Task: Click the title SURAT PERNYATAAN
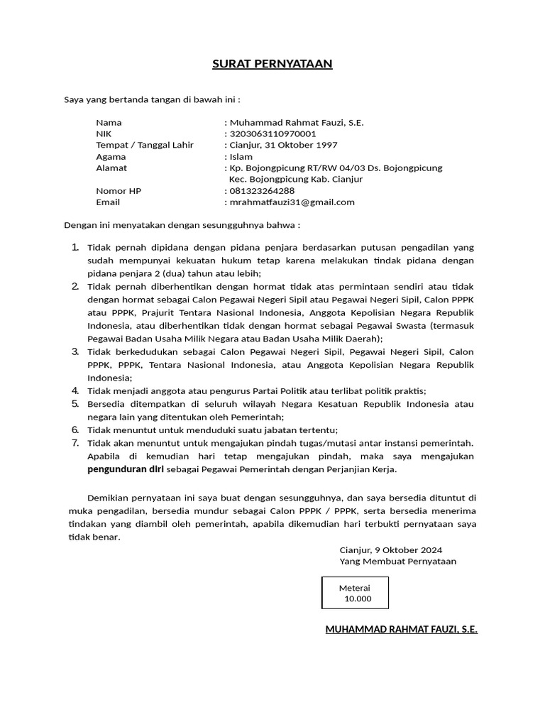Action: coord(272,65)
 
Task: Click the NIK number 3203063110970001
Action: coord(272,133)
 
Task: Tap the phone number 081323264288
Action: coord(262,191)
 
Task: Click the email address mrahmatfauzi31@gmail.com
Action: coord(291,202)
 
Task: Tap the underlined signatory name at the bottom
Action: coord(401,630)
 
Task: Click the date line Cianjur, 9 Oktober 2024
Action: coord(390,550)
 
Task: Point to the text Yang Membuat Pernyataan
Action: coord(397,561)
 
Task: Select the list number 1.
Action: coord(75,247)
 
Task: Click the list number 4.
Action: coord(75,390)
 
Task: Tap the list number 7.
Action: coord(75,443)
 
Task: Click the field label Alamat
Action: coord(111,168)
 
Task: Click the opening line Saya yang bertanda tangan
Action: coord(153,99)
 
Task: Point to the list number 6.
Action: coord(75,430)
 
